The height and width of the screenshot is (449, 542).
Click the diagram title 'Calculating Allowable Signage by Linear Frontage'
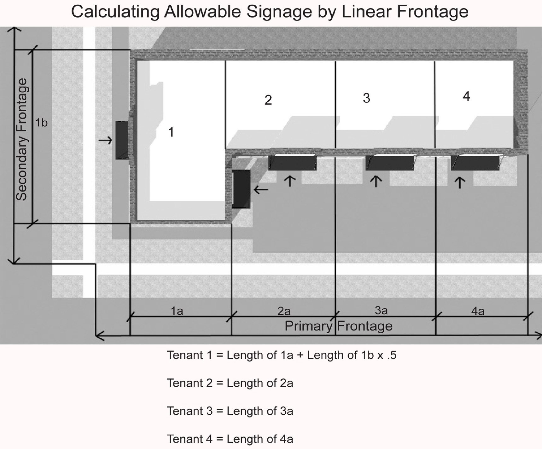[270, 12]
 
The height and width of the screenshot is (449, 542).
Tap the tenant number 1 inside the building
[171, 132]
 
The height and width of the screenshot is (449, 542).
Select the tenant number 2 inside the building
[268, 100]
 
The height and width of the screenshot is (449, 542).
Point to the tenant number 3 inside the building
[366, 98]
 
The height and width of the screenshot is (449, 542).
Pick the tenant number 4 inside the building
[466, 96]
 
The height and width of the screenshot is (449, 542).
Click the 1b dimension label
[41, 122]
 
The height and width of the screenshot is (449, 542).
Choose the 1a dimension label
[177, 311]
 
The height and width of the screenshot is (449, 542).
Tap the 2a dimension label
[284, 311]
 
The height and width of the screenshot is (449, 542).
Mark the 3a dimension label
[381, 310]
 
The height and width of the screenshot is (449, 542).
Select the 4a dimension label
[478, 311]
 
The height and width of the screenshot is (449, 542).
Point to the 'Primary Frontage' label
[339, 326]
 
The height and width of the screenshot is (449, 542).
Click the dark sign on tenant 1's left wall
[122, 140]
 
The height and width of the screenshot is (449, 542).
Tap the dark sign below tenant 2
[293, 163]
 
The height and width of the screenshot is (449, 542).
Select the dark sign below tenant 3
[390, 163]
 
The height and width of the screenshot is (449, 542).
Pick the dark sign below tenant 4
[476, 163]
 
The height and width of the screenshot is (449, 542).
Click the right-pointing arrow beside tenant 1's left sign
[105, 140]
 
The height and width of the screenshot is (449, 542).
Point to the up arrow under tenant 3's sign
[376, 181]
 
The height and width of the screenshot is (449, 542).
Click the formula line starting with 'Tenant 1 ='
[282, 355]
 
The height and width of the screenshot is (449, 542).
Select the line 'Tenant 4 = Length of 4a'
[230, 439]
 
